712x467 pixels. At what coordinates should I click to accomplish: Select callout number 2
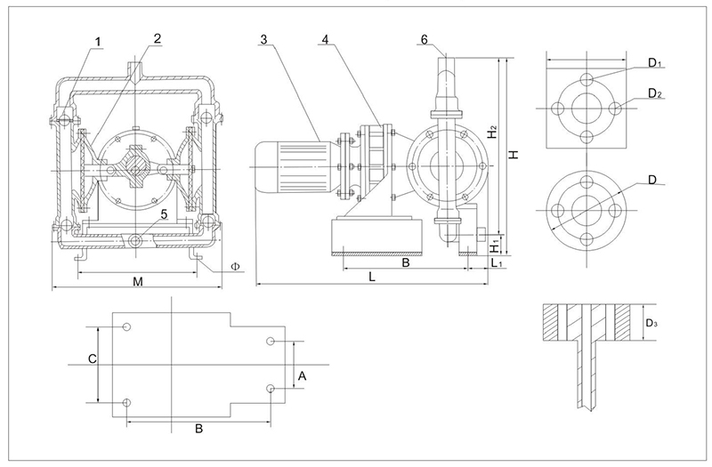[x=157, y=38]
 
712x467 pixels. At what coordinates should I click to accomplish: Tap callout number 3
[x=264, y=40]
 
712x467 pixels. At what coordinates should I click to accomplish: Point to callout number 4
[x=327, y=40]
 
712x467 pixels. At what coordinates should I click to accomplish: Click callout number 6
[x=425, y=40]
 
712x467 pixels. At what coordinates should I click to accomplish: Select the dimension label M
[x=137, y=281]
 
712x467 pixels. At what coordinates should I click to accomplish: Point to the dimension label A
[x=303, y=376]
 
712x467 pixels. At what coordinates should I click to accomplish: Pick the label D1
[x=656, y=63]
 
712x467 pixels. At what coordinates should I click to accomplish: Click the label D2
[x=656, y=93]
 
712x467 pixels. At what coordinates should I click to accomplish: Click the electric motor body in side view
[x=294, y=164]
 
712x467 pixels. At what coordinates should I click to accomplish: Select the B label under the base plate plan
[x=198, y=428]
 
